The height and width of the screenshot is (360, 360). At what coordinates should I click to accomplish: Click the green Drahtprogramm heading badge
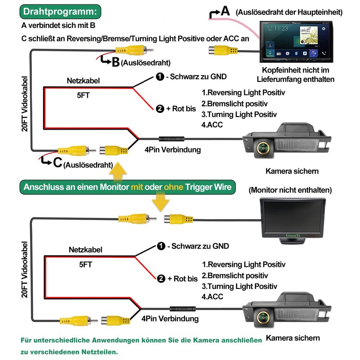point(60,12)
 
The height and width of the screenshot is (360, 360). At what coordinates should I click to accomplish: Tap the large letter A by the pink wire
point(225,11)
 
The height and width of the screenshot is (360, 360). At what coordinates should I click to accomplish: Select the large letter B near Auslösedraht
point(116,62)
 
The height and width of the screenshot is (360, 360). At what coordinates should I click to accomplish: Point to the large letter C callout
point(58,162)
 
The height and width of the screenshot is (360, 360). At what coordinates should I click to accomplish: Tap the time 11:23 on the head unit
point(281,28)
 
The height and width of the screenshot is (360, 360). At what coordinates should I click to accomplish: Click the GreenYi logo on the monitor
point(293,235)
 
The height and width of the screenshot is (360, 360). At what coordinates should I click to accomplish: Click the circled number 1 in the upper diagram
point(160,76)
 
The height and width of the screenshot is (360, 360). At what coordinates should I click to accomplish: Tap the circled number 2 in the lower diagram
point(161,279)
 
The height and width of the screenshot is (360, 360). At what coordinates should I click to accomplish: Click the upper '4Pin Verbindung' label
point(173,150)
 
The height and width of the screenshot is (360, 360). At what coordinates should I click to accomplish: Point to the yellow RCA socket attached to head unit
point(223,50)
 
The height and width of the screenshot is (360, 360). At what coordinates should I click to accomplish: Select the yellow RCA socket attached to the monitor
point(178,219)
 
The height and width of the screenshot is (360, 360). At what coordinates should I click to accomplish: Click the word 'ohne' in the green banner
point(173,187)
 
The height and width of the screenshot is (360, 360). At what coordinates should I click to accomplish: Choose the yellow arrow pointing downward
point(161,201)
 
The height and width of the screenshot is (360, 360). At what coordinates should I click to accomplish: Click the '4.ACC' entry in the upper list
point(212,125)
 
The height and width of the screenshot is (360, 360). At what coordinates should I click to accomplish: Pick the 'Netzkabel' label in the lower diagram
point(85,250)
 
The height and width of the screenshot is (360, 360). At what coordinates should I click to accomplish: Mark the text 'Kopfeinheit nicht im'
point(296,70)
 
